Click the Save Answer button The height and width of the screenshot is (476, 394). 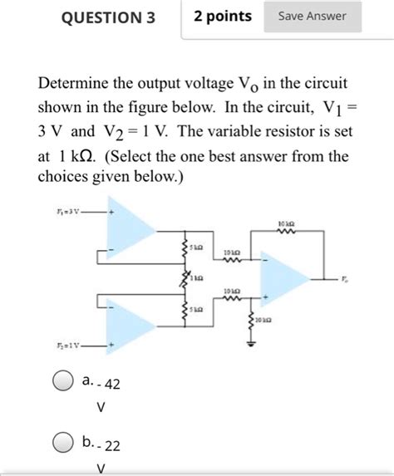pyautogui.click(x=312, y=16)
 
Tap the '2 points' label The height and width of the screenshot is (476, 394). pyautogui.click(x=222, y=16)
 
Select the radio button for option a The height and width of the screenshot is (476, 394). pyautogui.click(x=62, y=384)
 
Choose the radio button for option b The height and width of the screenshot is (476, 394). pyautogui.click(x=62, y=444)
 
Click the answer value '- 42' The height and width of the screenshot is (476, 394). pyautogui.click(x=106, y=385)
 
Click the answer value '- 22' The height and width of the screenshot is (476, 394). pyautogui.click(x=106, y=445)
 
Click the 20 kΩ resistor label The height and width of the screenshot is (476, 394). pyautogui.click(x=264, y=320)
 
